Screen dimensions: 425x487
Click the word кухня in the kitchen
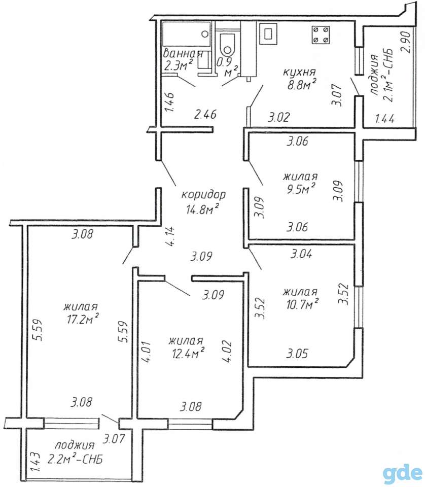click(x=299, y=73)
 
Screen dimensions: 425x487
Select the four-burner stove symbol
click(x=321, y=34)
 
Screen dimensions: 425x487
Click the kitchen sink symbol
click(x=268, y=33)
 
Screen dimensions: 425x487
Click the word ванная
click(x=183, y=53)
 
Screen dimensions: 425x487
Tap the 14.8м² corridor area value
click(x=203, y=210)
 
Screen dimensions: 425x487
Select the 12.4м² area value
click(x=188, y=353)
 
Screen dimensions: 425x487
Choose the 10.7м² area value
click(x=302, y=305)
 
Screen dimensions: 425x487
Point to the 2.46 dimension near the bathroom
click(x=205, y=115)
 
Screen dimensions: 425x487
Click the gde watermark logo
click(x=402, y=473)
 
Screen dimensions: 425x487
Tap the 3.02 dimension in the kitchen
click(x=279, y=117)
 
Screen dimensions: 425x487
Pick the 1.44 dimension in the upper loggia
click(x=385, y=118)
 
